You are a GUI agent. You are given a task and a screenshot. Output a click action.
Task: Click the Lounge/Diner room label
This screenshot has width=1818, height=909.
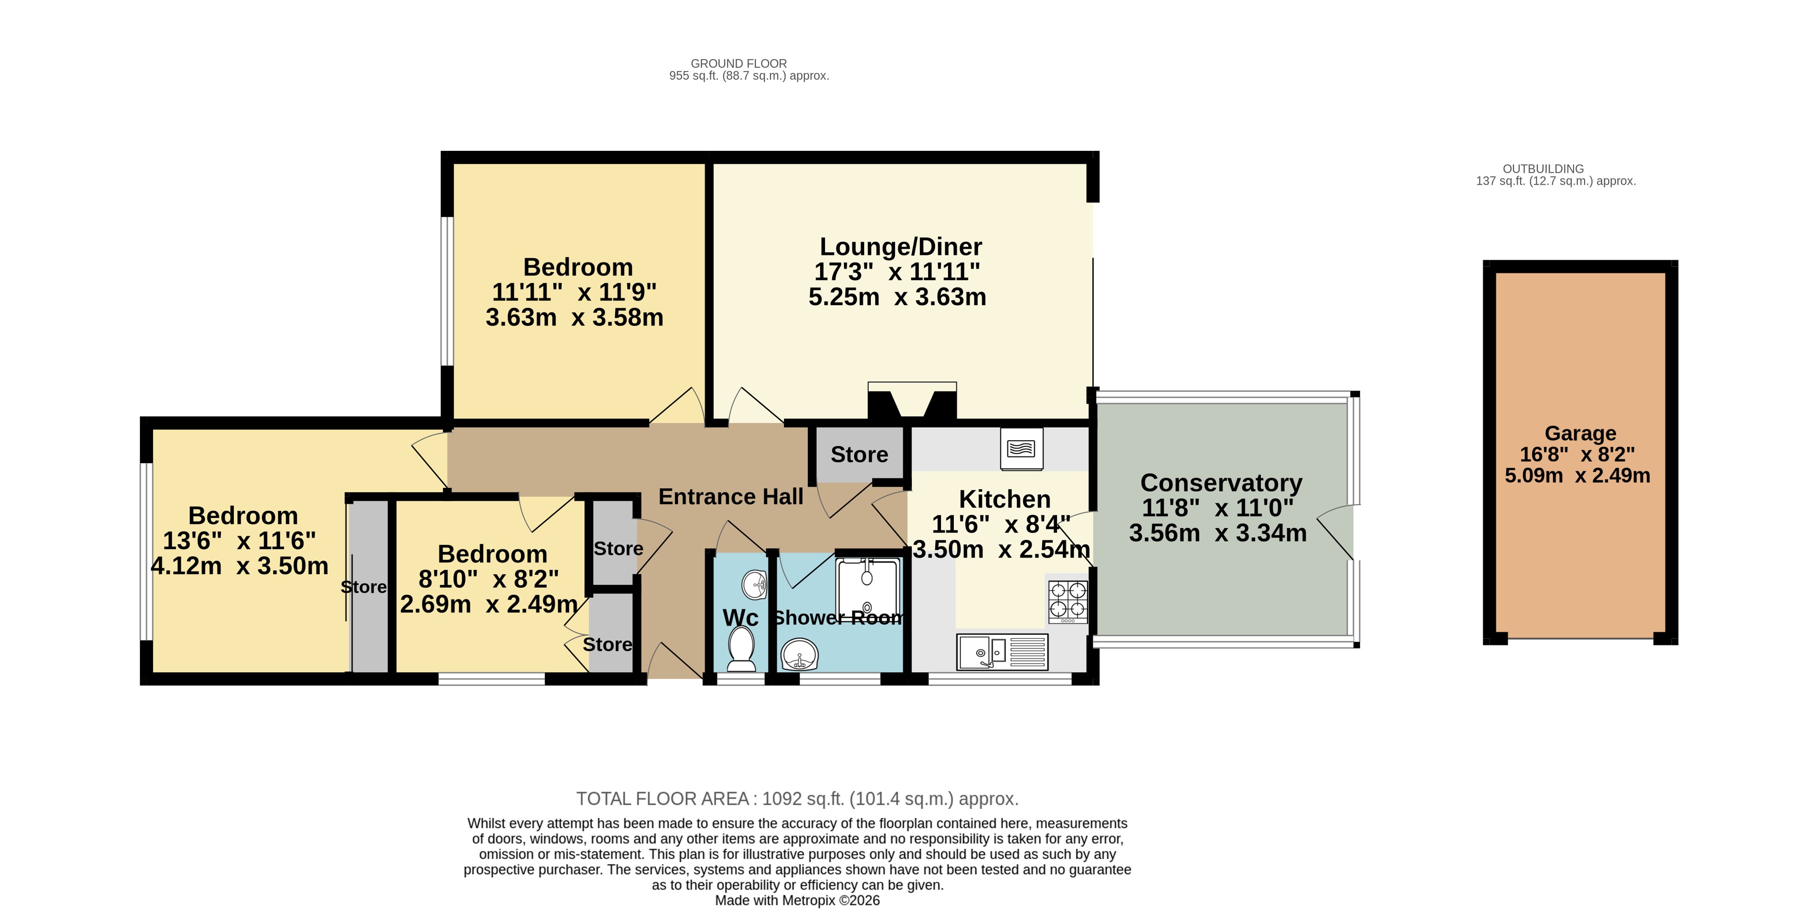pos(900,247)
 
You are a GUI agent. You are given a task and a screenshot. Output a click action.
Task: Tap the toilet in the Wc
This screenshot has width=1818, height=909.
pos(741,649)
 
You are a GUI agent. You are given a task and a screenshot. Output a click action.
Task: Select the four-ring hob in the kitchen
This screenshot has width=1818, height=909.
pos(1068,601)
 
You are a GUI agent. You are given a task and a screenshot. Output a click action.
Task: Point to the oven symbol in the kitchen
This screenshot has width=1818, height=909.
pos(1021,449)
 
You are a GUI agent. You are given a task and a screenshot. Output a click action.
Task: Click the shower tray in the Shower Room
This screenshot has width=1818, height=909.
pos(867,589)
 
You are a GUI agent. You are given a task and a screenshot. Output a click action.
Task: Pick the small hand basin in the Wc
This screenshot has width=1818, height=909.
pos(754,584)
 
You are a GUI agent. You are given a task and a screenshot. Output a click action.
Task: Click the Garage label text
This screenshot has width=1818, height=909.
pos(1580,433)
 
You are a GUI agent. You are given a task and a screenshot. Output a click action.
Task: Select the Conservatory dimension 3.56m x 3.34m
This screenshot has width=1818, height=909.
pos(1217,533)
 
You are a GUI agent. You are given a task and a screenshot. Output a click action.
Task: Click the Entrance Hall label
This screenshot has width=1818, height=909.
pos(730,497)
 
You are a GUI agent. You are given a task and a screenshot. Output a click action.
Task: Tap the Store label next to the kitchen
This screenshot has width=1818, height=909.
pos(859,454)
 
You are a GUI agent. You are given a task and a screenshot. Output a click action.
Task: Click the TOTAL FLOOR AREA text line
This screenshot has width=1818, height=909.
pos(797,799)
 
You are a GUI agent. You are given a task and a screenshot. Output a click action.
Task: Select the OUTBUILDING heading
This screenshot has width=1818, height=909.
pos(1543,169)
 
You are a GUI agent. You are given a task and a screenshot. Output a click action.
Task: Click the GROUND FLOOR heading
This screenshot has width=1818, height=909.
pos(738,63)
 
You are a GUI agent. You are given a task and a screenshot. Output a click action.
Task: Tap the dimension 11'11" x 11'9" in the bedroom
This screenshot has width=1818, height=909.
pos(574,292)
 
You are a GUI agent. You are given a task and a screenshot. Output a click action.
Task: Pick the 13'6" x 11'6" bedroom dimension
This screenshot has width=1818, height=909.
pos(239,540)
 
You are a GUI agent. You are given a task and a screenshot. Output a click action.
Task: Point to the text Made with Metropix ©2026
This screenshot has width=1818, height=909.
pos(797,900)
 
